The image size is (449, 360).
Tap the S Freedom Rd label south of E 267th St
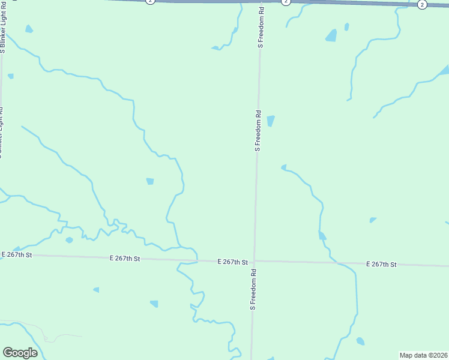253,289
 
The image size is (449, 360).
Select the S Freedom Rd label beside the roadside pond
258,130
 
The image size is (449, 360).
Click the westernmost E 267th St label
16,255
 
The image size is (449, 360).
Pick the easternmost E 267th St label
381,264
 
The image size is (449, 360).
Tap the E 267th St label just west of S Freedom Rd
232,262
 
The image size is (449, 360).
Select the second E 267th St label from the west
124,259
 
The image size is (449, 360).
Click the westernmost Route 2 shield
150,2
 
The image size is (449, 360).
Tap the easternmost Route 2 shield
422,5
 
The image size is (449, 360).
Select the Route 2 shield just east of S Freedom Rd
286,2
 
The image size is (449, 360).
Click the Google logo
20,353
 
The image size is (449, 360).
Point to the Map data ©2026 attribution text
424,355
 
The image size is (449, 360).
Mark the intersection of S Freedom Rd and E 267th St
255,262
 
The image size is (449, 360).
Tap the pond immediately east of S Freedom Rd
270,121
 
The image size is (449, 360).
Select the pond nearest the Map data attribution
360,341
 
